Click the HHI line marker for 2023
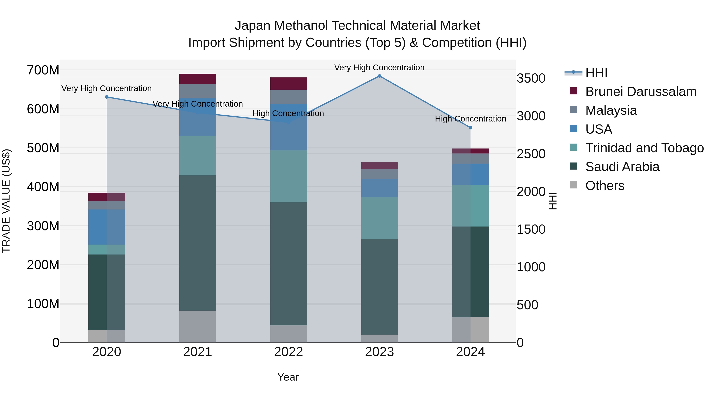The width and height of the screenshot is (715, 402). coord(379,76)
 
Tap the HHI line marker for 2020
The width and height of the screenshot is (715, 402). coord(107,97)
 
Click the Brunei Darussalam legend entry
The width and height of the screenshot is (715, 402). coord(641,92)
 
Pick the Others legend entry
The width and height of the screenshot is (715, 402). coord(605,186)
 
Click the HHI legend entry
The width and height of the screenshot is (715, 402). coord(596,73)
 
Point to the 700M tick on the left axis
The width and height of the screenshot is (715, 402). coord(43,70)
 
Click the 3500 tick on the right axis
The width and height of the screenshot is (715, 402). coord(531,78)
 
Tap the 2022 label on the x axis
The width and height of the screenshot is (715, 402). coord(288,352)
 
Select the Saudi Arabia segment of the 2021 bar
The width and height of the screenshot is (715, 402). coord(197,243)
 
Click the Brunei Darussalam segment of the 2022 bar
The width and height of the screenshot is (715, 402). coord(288,84)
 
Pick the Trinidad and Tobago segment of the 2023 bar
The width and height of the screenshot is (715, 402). coord(379,218)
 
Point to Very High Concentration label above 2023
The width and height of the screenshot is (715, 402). coord(379,67)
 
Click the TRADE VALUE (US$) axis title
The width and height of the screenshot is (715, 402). coord(6,201)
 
